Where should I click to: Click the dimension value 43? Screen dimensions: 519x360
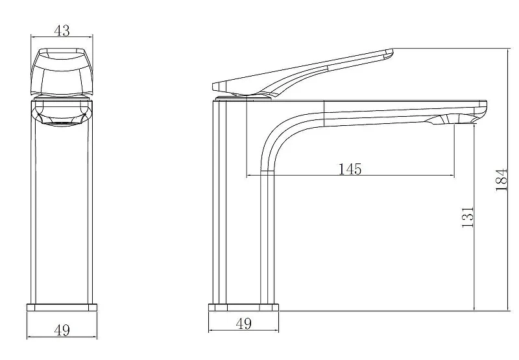tap(62, 30)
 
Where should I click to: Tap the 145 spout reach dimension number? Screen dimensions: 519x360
tap(350, 169)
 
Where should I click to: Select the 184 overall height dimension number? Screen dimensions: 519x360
tap(501, 180)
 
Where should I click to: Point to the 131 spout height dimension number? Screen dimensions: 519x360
tap(467, 217)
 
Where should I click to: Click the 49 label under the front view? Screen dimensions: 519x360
tap(62, 330)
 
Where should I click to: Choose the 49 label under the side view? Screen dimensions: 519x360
tap(244, 323)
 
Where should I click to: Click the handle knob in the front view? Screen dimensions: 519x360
tap(62, 72)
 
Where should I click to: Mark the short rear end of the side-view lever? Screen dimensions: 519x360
tap(216, 86)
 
